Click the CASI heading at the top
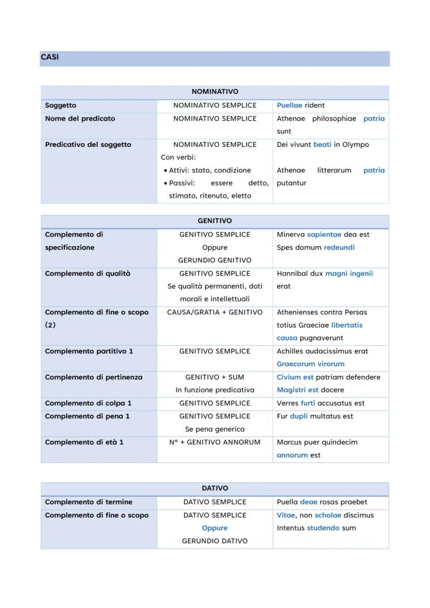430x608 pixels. tap(49, 58)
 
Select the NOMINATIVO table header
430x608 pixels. tap(214, 92)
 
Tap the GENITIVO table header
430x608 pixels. tap(214, 221)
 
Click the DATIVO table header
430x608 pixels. tap(214, 489)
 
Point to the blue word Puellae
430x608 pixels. tap(289, 105)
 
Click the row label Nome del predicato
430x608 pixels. tap(80, 118)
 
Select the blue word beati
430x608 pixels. tap(322, 144)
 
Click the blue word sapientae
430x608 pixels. tap(324, 235)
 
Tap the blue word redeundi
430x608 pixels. tap(339, 248)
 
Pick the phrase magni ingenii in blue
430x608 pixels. tap(349, 274)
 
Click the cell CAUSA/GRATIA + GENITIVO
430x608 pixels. tap(214, 313)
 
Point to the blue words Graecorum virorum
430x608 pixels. tap(311, 364)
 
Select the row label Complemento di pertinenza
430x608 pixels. tap(93, 377)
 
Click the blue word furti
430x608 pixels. tap(308, 403)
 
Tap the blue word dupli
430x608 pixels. tap(299, 416)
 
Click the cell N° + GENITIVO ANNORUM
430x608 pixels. tap(214, 442)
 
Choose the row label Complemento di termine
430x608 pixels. tap(88, 502)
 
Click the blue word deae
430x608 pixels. tap(308, 502)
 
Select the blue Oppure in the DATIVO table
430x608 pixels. tap(214, 528)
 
